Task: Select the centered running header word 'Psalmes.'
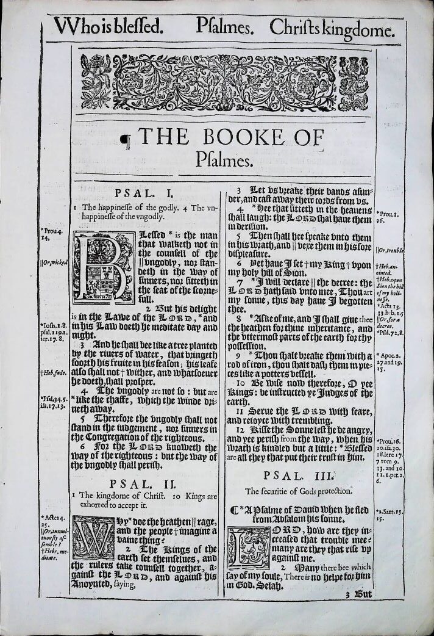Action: coord(222,27)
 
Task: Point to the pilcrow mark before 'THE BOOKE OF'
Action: coord(126,142)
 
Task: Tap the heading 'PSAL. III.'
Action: coord(299,474)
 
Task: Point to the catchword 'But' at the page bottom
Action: coord(356,593)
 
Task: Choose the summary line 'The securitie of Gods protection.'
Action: coord(299,491)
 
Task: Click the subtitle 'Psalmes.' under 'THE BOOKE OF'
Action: coord(224,161)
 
